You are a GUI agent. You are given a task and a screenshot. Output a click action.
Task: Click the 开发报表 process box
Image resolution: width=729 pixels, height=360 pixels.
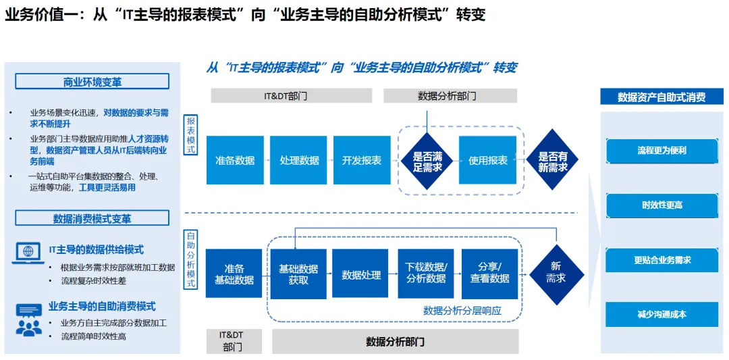pos(362,160)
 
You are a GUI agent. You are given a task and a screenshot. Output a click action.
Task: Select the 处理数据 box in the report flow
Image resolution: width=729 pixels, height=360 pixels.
pos(299,160)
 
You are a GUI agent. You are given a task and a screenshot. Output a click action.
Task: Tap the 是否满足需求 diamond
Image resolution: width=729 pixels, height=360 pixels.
pos(427,161)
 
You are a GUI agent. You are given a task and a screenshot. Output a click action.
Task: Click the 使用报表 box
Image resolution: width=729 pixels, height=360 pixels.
pos(487,160)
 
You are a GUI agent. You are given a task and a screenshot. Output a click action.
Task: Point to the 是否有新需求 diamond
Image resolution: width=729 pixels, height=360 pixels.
pos(553,161)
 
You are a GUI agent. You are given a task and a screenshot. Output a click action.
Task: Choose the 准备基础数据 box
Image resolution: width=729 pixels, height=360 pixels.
pos(234,274)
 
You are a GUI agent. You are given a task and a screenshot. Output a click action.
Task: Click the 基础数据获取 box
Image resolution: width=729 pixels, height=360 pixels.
pos(298,274)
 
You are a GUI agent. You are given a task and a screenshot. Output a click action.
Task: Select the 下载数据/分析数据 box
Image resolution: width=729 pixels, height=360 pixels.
pos(426,274)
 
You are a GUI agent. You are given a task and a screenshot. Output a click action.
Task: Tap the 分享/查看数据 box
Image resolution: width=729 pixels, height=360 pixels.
pos(489,274)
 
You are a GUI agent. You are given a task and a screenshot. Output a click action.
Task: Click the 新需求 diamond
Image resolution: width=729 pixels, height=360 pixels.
pos(556,273)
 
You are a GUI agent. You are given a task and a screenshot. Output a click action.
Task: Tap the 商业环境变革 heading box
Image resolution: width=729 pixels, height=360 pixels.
pos(92,82)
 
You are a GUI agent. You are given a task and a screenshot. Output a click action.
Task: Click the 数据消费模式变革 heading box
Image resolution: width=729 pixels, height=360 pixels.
pos(92,219)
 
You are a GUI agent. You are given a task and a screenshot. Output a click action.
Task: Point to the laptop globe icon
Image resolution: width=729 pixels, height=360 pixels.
pos(28,252)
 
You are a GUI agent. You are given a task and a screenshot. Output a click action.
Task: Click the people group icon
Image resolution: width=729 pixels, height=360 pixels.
pos(28,321)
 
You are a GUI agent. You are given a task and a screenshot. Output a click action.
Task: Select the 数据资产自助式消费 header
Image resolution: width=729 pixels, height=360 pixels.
pos(661,97)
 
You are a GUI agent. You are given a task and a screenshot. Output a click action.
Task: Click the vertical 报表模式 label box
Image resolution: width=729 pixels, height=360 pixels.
pos(191,135)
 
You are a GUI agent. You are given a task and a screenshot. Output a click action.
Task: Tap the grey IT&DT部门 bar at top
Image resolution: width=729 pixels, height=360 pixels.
pos(292,96)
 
